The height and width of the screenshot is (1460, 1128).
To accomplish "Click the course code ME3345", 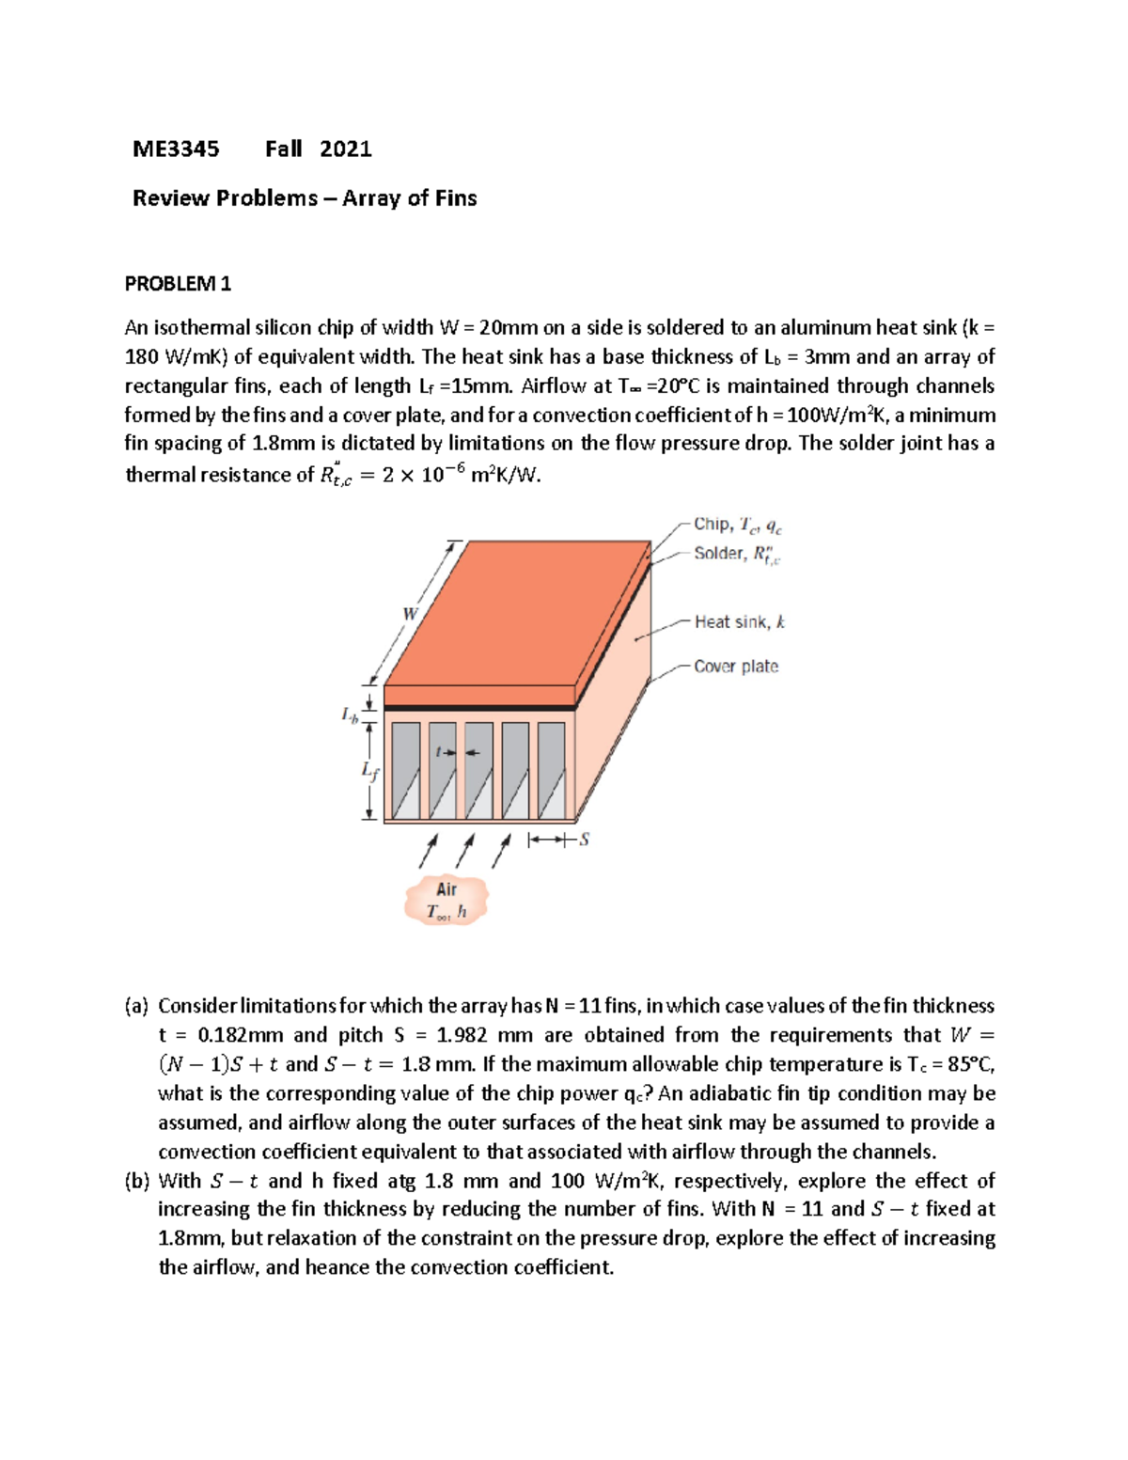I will click(x=176, y=149).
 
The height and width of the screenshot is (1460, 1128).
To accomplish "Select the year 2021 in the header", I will click(x=345, y=149).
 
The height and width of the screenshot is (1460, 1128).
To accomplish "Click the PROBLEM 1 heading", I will click(x=178, y=283).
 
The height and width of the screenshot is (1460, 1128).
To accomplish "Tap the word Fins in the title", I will click(x=456, y=198).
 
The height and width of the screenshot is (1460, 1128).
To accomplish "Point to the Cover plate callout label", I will click(x=735, y=667).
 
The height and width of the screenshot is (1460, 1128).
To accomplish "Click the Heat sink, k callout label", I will click(x=739, y=621).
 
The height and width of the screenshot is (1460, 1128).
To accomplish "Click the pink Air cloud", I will click(x=446, y=900).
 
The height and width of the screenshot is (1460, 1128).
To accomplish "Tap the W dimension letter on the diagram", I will click(x=410, y=614).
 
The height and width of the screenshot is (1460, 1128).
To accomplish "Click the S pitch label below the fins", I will click(x=584, y=840).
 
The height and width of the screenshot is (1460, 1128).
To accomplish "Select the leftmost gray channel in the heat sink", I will click(x=406, y=771).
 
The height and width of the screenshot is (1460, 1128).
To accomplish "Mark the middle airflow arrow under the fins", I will click(x=465, y=851).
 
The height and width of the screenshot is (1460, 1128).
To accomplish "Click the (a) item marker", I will click(x=136, y=1006).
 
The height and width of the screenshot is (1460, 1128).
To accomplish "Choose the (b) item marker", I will click(x=136, y=1181).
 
